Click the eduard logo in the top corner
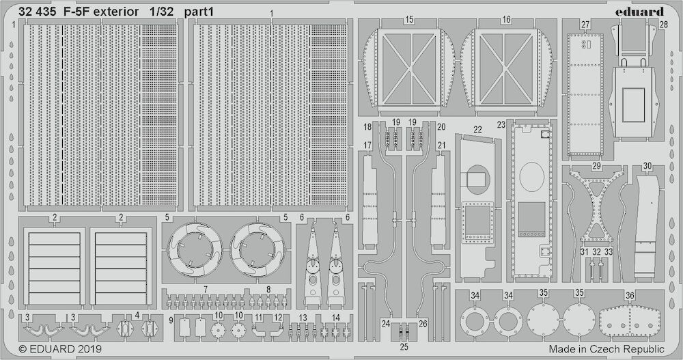click(639, 12)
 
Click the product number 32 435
click(37, 12)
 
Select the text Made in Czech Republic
click(607, 348)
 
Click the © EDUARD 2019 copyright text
click(60, 348)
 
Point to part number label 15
click(409, 20)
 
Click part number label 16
click(505, 20)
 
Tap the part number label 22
click(478, 129)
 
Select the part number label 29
click(596, 166)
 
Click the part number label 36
click(630, 296)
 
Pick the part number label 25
click(404, 347)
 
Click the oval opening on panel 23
click(532, 177)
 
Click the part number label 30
click(647, 166)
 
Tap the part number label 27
click(585, 25)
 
